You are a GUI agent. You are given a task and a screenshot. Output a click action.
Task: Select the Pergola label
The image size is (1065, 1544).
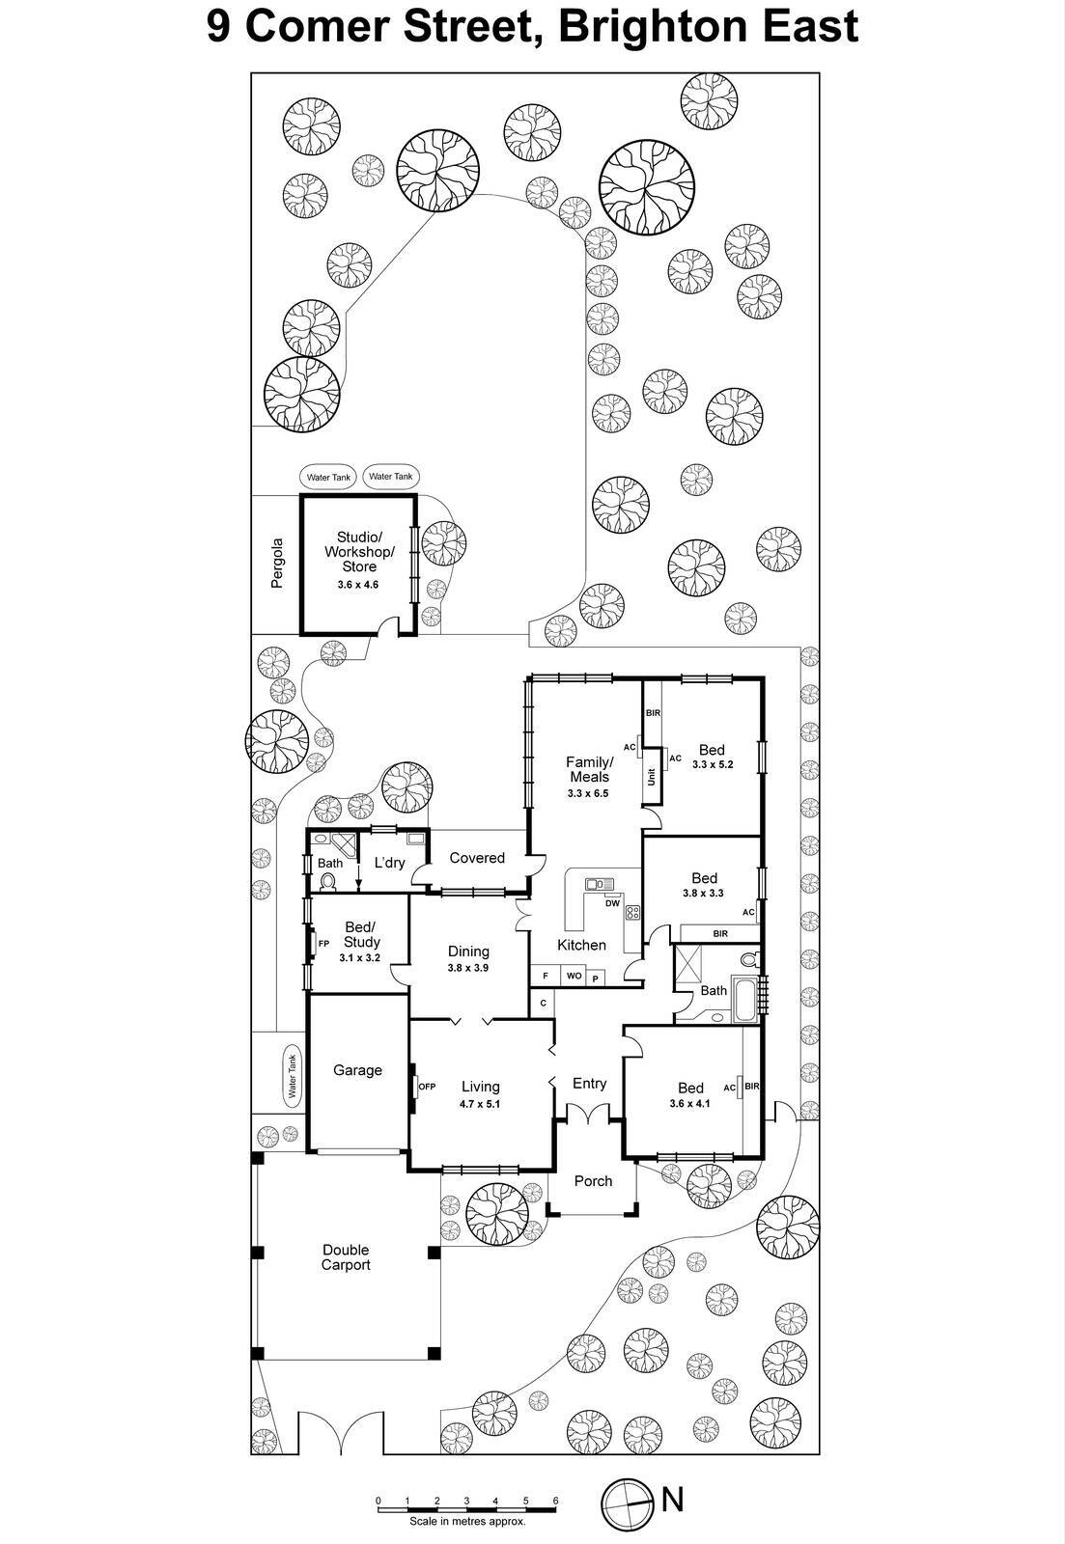(x=278, y=564)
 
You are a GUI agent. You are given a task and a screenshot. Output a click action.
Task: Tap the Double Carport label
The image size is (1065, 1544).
(x=346, y=1257)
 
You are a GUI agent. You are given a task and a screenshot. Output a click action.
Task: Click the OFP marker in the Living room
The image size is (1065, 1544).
(x=427, y=1087)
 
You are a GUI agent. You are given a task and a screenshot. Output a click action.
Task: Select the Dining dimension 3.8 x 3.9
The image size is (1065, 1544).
(x=468, y=968)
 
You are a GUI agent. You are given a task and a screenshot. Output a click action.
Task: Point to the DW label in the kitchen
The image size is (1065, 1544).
(x=612, y=904)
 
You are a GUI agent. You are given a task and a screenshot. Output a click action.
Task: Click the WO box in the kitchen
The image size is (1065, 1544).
(x=574, y=976)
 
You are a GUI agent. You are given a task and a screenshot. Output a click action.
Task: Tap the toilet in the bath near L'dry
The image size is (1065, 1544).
(x=328, y=882)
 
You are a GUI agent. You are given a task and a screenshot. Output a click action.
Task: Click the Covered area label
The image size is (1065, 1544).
(x=477, y=858)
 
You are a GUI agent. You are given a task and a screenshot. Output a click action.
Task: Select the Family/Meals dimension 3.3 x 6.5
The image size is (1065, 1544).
(x=589, y=794)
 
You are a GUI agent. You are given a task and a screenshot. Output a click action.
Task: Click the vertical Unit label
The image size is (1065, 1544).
(x=652, y=776)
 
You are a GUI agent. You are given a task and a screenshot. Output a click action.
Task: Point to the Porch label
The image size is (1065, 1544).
(x=593, y=1181)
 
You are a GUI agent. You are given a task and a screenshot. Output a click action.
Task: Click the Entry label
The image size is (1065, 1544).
(x=589, y=1084)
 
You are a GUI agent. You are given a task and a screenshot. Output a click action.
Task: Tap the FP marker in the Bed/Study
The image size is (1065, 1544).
(x=323, y=944)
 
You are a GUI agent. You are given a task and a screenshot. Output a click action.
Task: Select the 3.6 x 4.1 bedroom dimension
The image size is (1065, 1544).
(x=689, y=1103)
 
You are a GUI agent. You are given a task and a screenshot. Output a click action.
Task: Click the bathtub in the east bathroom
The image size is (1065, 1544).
(x=746, y=1000)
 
